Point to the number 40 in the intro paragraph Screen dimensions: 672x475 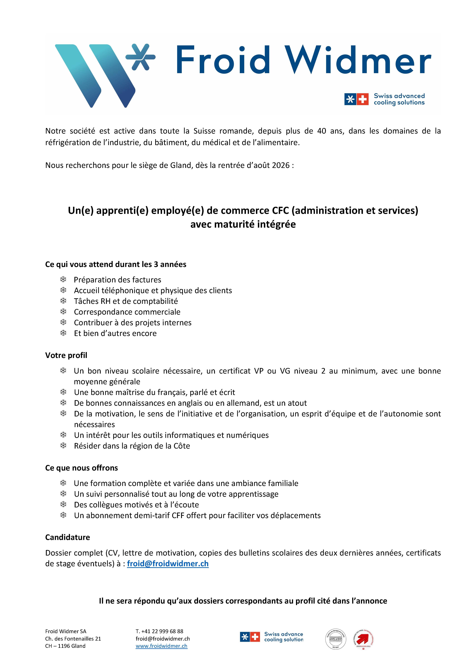(322, 131)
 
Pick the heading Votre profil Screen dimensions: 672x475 (66, 355)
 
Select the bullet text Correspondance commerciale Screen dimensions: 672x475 (127, 312)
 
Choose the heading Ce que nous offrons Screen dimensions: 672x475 (81, 468)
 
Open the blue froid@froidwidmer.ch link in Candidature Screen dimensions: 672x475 (168, 564)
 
